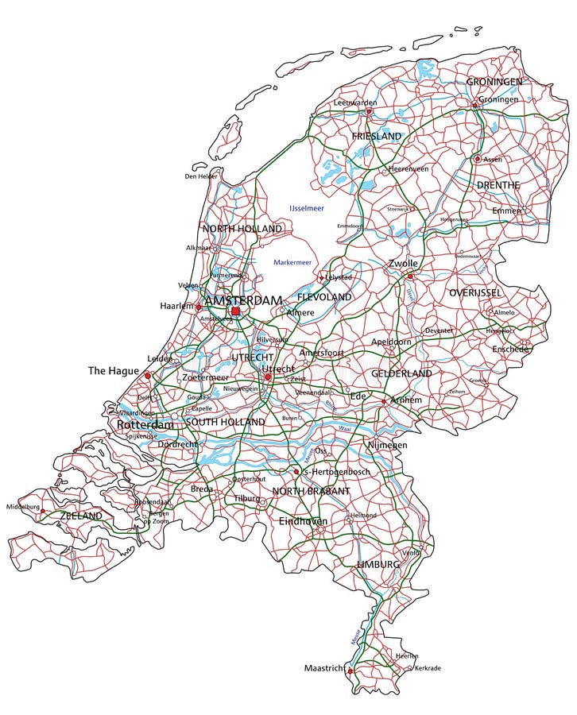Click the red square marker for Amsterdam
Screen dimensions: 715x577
click(x=235, y=311)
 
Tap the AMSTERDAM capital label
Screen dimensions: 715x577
click(x=244, y=300)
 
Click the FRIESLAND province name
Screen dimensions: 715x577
click(x=377, y=137)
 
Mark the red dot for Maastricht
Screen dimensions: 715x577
click(x=350, y=671)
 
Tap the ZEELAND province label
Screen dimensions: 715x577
click(x=81, y=516)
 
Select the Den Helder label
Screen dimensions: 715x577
click(x=201, y=176)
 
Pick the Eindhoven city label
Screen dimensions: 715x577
click(x=303, y=521)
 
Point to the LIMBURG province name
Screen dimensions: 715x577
click(x=378, y=563)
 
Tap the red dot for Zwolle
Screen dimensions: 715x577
click(x=410, y=276)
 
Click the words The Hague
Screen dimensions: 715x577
click(x=114, y=371)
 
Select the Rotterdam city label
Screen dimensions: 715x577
click(x=145, y=425)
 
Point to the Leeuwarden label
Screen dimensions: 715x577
click(x=355, y=102)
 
